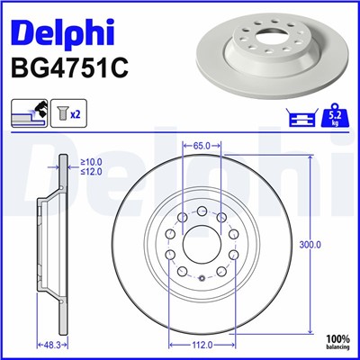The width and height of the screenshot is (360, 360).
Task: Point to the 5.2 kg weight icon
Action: (x=334, y=115)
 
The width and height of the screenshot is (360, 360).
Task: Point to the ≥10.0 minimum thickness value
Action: (x=92, y=162)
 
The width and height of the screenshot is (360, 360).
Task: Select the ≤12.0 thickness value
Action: (x=92, y=173)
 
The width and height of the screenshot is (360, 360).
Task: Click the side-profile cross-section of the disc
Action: (x=49, y=243)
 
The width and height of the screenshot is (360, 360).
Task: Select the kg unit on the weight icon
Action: (x=334, y=122)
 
